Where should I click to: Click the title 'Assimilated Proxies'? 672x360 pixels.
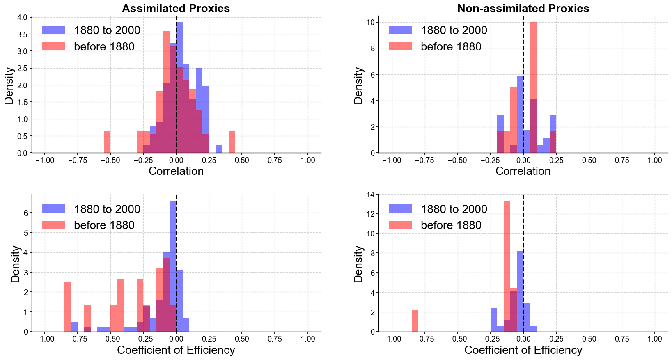(x=176, y=9)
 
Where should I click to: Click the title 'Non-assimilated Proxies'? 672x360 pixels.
(x=523, y=9)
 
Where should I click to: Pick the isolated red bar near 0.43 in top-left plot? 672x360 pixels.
(x=232, y=142)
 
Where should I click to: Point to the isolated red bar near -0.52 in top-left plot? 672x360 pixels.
(x=107, y=142)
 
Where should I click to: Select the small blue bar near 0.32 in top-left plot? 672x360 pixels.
(x=219, y=149)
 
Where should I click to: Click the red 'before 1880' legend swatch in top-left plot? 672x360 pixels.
(x=53, y=46)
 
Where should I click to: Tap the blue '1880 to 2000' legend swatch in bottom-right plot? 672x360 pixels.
(x=400, y=209)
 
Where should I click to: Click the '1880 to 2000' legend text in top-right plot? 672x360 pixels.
(x=454, y=30)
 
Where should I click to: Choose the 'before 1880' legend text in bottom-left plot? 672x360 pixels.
(x=104, y=225)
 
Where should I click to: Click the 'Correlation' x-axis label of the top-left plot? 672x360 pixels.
(x=176, y=171)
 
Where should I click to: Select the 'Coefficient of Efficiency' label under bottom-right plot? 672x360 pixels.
(x=523, y=350)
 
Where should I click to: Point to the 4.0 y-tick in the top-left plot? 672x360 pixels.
(x=23, y=18)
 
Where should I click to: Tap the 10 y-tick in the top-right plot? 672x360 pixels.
(x=369, y=22)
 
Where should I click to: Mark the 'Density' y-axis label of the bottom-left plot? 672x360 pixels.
(x=16, y=264)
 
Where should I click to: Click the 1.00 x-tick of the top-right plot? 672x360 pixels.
(x=655, y=160)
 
